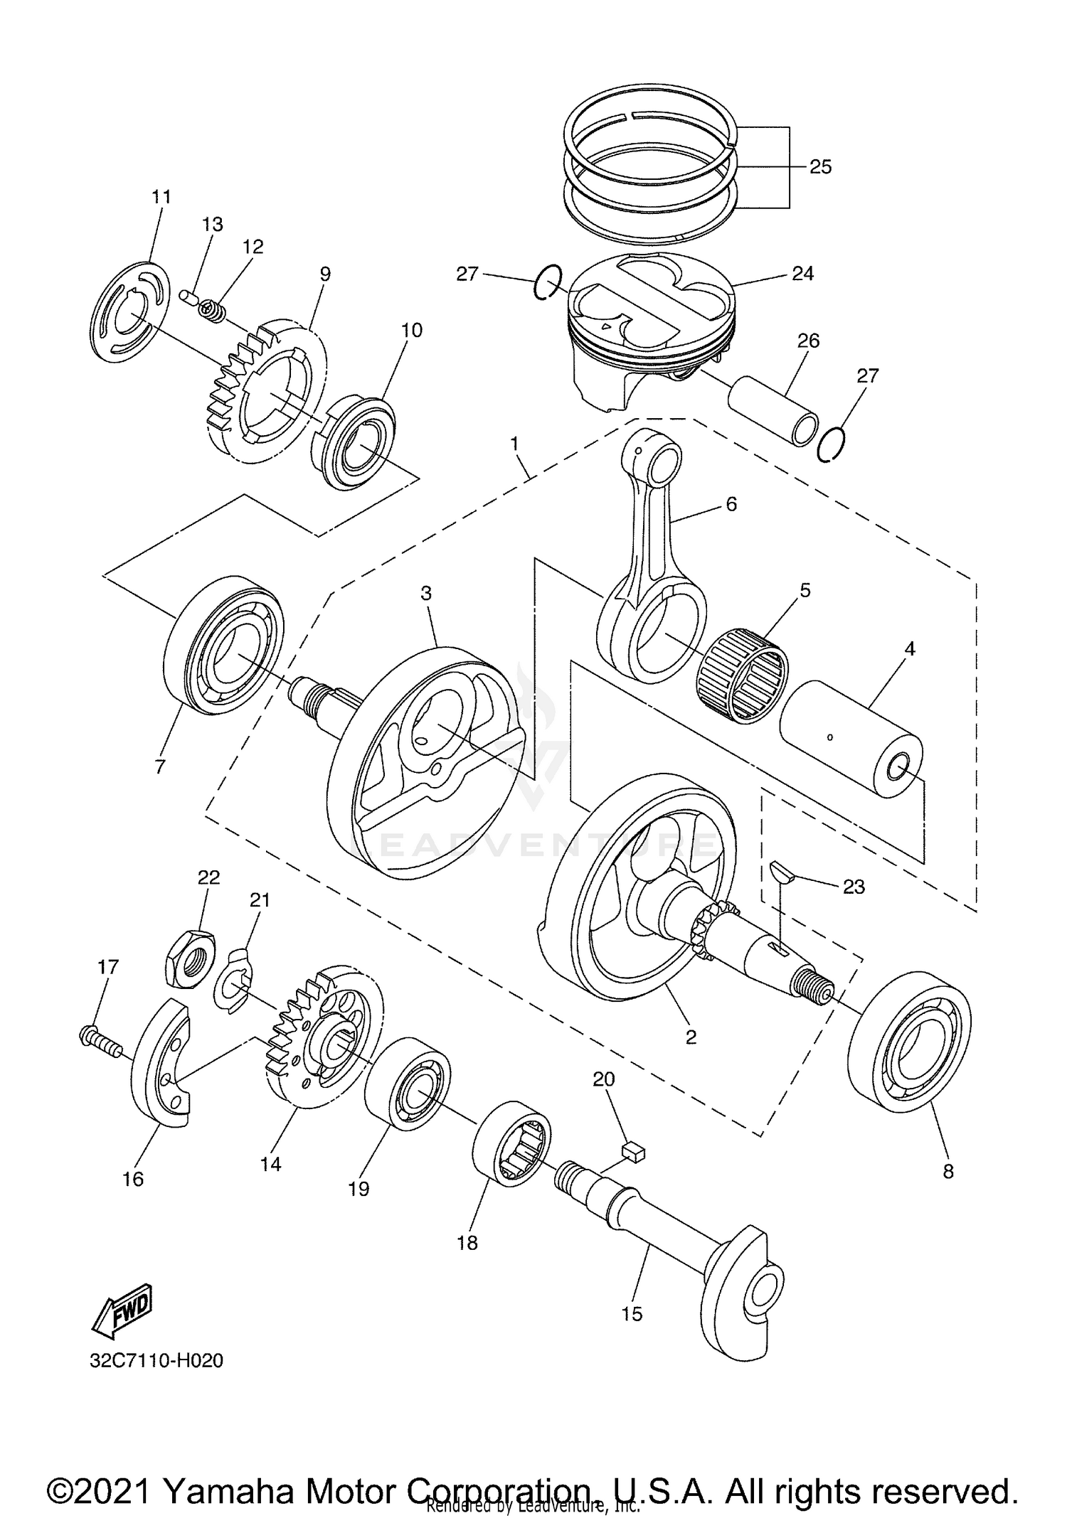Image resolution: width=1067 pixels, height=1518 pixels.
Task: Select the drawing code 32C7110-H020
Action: click(x=156, y=1361)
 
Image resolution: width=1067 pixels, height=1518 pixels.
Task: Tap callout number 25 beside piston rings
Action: click(x=820, y=167)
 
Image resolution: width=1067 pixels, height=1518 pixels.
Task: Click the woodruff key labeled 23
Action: click(x=780, y=872)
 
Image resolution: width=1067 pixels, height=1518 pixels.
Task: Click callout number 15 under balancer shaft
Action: click(x=631, y=1314)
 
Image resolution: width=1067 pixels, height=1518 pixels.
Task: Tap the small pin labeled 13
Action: click(x=189, y=295)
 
